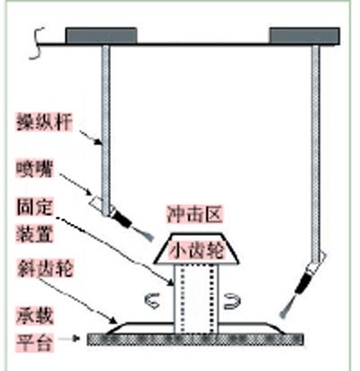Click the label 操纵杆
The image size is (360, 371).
[44, 122]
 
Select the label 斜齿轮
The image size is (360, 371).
[44, 267]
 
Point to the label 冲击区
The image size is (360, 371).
[194, 213]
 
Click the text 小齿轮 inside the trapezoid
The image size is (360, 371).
[196, 250]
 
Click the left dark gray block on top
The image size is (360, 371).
[102, 36]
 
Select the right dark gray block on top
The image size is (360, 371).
[305, 36]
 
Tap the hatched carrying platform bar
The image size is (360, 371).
[195, 339]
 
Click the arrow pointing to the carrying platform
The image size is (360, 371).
[69, 339]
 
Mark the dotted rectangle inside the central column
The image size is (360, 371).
[195, 299]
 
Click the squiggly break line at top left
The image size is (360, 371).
[39, 43]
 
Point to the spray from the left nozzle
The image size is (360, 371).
[143, 234]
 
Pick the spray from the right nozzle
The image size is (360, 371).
[286, 305]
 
